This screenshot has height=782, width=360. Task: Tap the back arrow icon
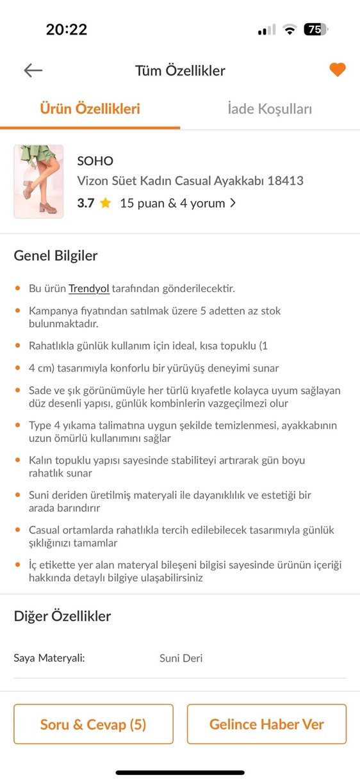[33, 70]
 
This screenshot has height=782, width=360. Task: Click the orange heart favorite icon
[338, 70]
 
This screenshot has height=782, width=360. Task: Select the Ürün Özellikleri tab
[90, 109]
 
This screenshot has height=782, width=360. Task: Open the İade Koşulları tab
[270, 109]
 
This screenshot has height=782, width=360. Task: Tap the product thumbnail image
[38, 182]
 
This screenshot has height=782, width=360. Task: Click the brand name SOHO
[95, 161]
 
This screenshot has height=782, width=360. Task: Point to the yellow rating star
[105, 204]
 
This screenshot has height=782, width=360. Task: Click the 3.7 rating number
[86, 204]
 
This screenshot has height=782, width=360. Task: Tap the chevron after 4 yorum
[233, 204]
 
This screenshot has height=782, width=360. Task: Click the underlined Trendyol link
[89, 288]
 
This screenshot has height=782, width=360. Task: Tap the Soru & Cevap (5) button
[94, 724]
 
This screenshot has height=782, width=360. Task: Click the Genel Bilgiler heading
[56, 256]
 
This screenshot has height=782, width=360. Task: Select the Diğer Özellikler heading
[62, 616]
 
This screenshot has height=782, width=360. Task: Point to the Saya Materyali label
[49, 658]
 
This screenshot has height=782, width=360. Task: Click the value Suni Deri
[181, 658]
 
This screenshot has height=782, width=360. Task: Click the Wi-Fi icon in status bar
[290, 29]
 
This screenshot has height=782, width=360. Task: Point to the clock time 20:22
[67, 29]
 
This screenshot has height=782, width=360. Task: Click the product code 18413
[286, 181]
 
